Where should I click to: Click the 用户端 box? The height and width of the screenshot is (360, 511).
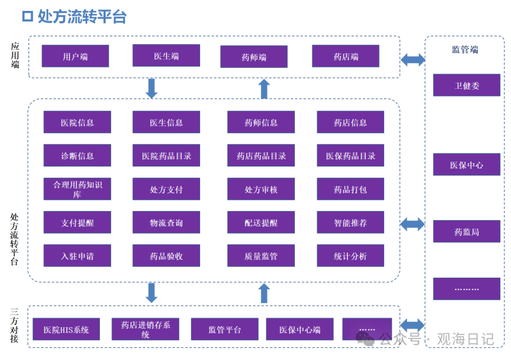tap(75, 56)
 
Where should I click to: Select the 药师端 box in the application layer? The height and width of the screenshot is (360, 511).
tap(254, 57)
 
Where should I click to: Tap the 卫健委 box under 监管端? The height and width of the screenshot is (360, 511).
tap(467, 85)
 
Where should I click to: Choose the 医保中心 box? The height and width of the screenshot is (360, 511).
tap(467, 165)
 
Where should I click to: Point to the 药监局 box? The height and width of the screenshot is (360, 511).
tap(467, 232)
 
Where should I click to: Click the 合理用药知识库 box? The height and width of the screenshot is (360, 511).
tap(77, 189)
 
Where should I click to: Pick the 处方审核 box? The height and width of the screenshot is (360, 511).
tap(261, 189)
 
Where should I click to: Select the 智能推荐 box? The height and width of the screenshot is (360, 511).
tap(350, 222)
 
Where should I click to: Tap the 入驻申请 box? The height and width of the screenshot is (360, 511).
tap(77, 256)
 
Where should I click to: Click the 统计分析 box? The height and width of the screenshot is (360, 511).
tap(350, 256)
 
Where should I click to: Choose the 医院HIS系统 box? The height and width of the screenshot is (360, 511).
tap(66, 329)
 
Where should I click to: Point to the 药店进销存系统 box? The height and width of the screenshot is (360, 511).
tap(145, 329)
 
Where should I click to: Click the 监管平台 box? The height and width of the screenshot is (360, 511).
tap(225, 329)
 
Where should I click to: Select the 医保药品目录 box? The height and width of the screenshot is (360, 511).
tap(350, 156)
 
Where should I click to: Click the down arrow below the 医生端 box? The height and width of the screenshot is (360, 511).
tap(151, 88)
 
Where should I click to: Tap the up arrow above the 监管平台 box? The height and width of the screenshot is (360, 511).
tap(264, 293)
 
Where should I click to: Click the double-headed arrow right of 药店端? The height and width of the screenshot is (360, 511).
tap(413, 60)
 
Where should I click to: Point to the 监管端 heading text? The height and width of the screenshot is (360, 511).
tap(465, 49)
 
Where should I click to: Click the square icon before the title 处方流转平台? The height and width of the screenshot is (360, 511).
tap(28, 17)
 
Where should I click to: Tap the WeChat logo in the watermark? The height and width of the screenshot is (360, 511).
tap(365, 338)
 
